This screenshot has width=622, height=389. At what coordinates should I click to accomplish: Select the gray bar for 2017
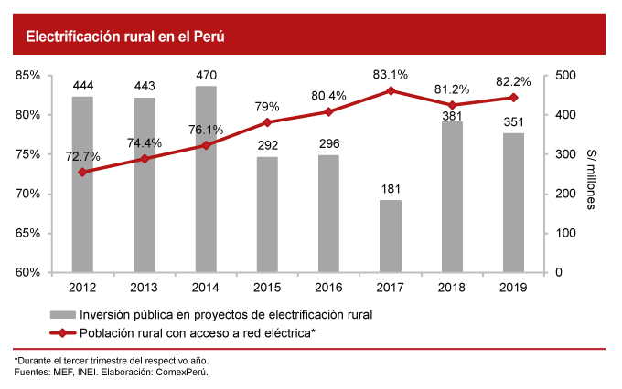pos(390,237)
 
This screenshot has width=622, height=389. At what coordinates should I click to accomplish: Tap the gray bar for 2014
pos(206,179)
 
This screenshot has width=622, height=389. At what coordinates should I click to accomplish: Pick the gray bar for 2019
pos(513,203)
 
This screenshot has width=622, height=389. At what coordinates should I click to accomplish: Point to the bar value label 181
pos(390,189)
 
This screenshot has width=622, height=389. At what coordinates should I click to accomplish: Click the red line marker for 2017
pos(391,90)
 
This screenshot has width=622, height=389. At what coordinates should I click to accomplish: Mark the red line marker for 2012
pos(82,172)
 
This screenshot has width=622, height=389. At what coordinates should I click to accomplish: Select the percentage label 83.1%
pos(390,74)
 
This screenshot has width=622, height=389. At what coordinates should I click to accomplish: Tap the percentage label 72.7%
pos(82,155)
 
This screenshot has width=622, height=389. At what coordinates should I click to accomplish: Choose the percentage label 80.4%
pos(328,95)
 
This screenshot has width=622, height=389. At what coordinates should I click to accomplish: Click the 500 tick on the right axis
pos(563,76)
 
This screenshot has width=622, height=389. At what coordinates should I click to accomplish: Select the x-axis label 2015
pos(267,288)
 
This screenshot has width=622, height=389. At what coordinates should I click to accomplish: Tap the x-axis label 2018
pos(452,288)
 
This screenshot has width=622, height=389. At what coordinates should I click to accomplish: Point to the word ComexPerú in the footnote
pos(184,373)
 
